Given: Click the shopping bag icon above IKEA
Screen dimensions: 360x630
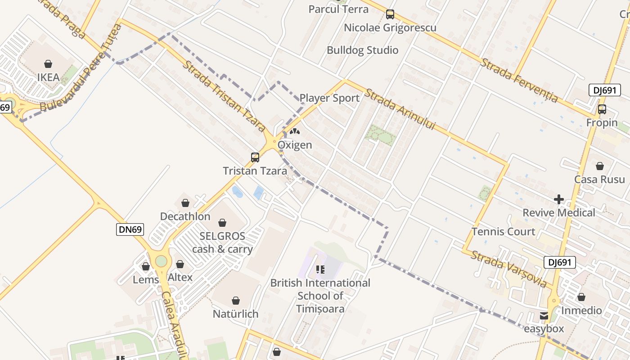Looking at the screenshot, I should pos(48,64).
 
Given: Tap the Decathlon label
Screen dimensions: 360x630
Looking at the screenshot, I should pos(185,216).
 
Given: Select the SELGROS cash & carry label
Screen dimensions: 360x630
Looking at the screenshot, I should pos(222,243).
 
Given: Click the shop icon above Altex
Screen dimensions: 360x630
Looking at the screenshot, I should pos(180,264).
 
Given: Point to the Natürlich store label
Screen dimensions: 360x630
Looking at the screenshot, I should pos(235,314).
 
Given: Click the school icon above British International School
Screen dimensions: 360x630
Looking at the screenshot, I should pos(320,270).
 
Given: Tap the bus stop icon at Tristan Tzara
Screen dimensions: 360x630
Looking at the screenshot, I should pos(255,157).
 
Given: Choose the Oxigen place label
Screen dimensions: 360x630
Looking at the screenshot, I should pos(295,145).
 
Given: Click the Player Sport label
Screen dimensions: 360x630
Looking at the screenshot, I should pos(329,98).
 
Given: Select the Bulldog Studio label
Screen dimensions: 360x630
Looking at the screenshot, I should pos(362,50).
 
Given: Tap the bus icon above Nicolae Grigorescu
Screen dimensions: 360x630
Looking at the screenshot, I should pos(390,14).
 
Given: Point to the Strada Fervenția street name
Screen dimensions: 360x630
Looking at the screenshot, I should pos(519,80).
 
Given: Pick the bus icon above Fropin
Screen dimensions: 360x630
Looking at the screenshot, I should pos(602,109).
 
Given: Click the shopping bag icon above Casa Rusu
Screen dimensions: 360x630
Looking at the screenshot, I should pos(599,166).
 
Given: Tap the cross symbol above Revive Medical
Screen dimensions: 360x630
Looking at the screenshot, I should pos(559,199).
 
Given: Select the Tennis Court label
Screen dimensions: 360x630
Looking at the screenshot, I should pos(503,232).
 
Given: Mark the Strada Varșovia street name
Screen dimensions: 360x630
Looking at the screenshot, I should pos(509,269).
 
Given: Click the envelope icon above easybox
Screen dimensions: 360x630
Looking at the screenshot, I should pos(544,316).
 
